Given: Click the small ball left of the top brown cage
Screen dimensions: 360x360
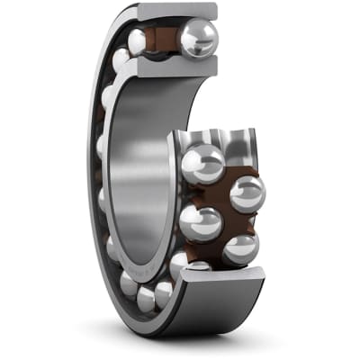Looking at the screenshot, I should (138, 41).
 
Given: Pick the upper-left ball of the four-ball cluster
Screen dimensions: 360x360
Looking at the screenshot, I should (202, 163).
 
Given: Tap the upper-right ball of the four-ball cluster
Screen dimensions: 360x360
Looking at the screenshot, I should (246, 193).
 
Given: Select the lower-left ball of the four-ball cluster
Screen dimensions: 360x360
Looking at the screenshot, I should (200, 222).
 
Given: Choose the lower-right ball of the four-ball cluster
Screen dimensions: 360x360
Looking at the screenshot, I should (240, 247).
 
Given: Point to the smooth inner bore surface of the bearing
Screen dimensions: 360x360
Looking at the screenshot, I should (144, 162).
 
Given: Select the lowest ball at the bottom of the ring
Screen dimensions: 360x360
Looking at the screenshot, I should (145, 298).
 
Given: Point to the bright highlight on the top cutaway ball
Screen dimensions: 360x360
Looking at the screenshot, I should (191, 33).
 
